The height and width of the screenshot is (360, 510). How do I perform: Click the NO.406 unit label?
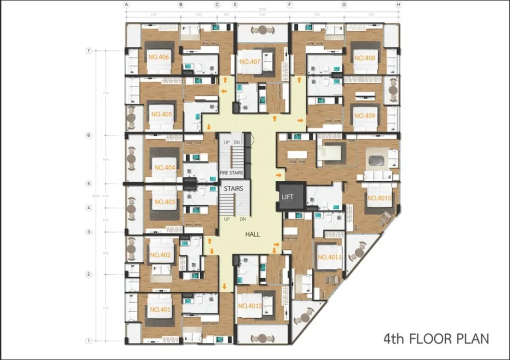pyautogui.click(x=159, y=57)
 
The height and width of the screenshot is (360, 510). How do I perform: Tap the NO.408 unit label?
pyautogui.click(x=365, y=58)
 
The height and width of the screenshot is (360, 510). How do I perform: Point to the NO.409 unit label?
pyautogui.click(x=365, y=116)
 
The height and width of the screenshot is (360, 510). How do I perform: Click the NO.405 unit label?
pyautogui.click(x=161, y=114)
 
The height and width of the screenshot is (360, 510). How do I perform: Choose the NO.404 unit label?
pyautogui.click(x=164, y=168)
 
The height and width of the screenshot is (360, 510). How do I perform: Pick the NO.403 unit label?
pyautogui.click(x=164, y=202)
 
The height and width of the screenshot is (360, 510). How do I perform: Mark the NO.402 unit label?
pyautogui.click(x=160, y=255)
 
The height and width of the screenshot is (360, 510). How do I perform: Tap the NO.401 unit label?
pyautogui.click(x=160, y=310)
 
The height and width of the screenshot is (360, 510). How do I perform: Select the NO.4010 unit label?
pyautogui.click(x=380, y=198)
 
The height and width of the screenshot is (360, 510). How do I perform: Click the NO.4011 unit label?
pyautogui.click(x=329, y=257)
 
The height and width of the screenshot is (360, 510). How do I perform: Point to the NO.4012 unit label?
pyautogui.click(x=250, y=306)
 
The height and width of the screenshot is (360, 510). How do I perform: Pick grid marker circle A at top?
pyautogui.click(x=127, y=5)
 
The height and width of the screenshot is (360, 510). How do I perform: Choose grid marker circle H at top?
pyautogui.click(x=398, y=5)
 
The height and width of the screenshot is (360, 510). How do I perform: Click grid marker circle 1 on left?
pyautogui.click(x=89, y=341)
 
